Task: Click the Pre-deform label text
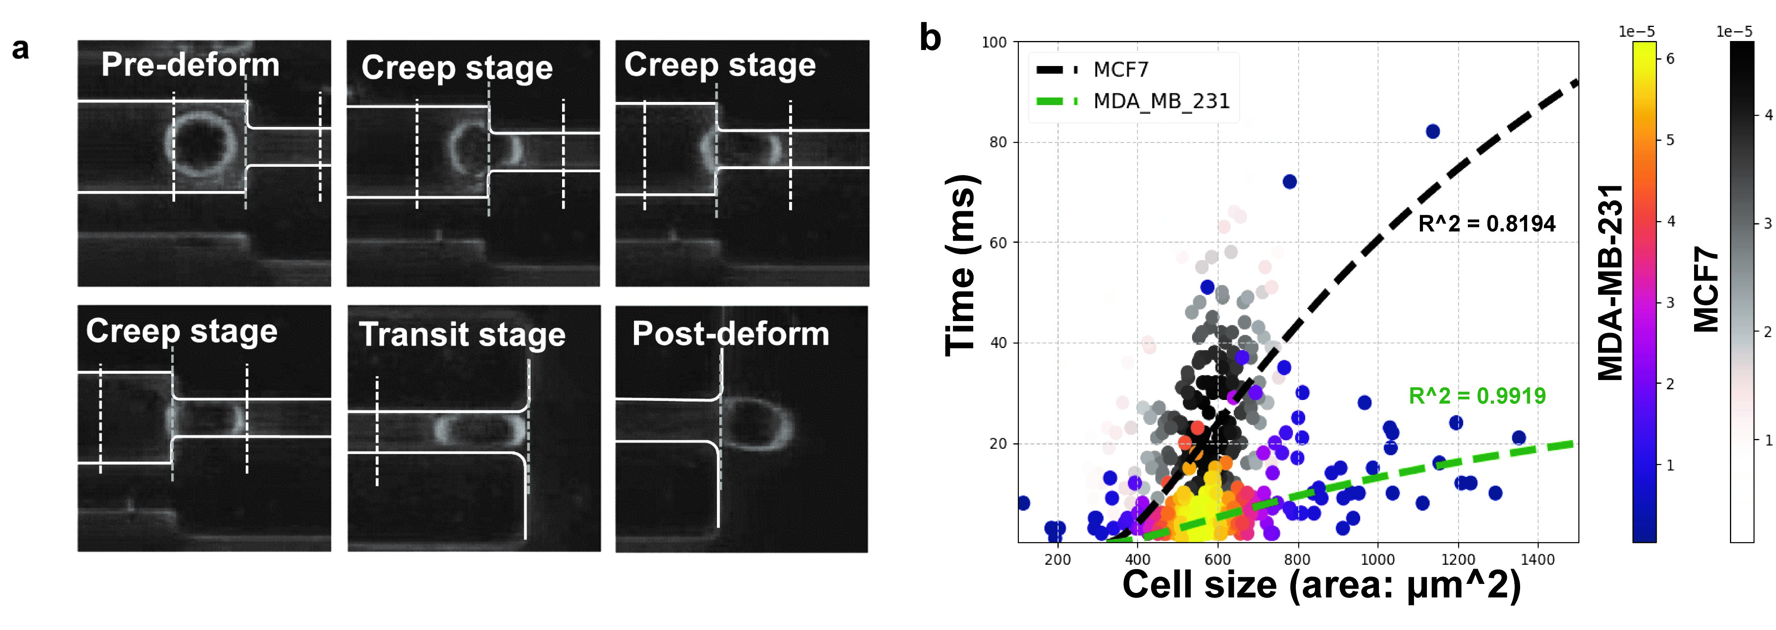click(x=190, y=65)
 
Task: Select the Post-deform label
click(x=731, y=334)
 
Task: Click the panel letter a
click(x=21, y=50)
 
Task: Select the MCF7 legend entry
click(x=1120, y=70)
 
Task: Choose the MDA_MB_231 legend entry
click(x=1161, y=102)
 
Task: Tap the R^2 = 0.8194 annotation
click(x=1487, y=223)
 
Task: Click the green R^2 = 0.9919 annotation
click(x=1477, y=396)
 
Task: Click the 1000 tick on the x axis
click(x=1377, y=560)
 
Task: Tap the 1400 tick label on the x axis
click(x=1537, y=560)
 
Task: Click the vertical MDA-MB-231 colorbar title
click(x=1611, y=283)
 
